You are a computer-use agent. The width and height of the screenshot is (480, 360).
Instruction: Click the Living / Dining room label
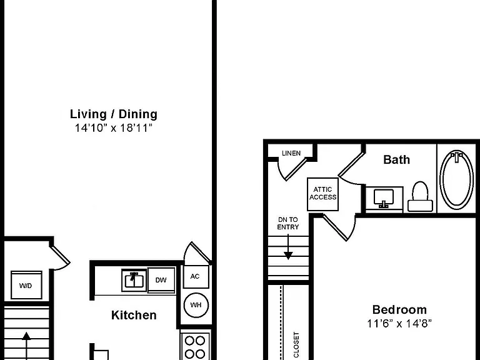click(x=114, y=114)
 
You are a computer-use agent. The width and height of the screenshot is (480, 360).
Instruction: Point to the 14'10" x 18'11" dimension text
click(x=114, y=128)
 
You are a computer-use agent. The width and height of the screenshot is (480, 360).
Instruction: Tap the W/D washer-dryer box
click(x=26, y=285)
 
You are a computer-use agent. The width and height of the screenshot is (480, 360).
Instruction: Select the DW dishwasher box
click(x=161, y=280)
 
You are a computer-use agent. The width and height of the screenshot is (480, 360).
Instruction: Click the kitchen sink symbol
click(x=134, y=280)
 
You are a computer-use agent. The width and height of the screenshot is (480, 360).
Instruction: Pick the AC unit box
click(x=195, y=276)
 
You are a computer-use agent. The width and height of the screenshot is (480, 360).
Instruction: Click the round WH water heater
click(x=196, y=305)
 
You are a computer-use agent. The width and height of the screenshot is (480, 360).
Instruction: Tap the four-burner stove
click(x=195, y=346)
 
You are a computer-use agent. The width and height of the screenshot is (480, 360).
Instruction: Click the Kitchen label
click(x=134, y=315)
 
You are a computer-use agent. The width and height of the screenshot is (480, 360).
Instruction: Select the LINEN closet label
click(x=291, y=153)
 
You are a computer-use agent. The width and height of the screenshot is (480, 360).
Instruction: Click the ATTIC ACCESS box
click(x=322, y=194)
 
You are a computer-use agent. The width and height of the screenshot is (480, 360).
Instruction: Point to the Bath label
click(x=396, y=159)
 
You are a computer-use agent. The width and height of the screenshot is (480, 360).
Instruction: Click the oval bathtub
click(x=456, y=181)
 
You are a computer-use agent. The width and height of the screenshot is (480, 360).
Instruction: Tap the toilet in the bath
click(x=420, y=196)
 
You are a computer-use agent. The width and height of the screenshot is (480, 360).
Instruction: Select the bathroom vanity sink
click(x=384, y=198)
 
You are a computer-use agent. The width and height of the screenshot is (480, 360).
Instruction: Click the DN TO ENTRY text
click(x=288, y=223)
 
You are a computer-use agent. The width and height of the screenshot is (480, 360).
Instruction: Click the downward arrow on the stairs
click(x=288, y=247)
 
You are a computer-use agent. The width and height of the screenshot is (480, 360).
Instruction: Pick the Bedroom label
click(x=399, y=309)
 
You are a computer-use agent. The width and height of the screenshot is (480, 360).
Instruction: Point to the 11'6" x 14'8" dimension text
click(x=399, y=323)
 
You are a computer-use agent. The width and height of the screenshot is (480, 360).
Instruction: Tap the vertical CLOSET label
click(x=296, y=345)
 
